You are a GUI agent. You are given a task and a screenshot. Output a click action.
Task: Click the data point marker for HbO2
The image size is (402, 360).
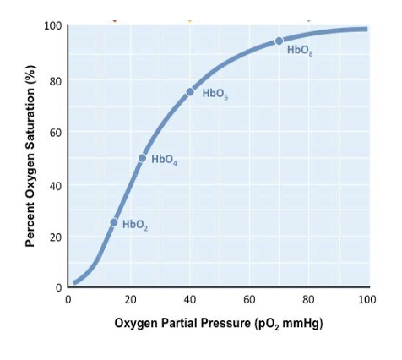114,222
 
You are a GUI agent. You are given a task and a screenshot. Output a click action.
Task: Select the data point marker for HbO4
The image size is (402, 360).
143,158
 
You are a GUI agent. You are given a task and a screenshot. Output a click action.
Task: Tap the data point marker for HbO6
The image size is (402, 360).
190,91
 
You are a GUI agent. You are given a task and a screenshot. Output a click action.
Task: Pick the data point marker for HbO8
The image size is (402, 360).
279,41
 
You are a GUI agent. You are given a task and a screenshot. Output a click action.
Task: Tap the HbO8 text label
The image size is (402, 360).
299,51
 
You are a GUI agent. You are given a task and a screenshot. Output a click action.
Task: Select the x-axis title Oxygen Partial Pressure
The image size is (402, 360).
219,324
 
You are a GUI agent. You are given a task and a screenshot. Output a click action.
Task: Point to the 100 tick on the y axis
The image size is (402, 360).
52,25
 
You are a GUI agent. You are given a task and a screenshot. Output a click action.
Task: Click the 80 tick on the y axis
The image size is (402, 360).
54,81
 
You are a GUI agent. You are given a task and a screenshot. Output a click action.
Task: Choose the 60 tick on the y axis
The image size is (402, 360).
54,133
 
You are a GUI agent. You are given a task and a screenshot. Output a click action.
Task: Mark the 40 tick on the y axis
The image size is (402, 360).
54,185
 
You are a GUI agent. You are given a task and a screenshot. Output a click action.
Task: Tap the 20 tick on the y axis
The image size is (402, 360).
54,237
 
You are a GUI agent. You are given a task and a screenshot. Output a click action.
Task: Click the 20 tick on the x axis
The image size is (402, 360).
130,300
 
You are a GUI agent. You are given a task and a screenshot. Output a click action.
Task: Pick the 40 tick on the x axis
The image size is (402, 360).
189,300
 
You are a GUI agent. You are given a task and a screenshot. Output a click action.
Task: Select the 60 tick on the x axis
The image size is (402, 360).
249,300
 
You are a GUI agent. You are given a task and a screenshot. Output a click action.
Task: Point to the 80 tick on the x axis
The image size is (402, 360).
308,300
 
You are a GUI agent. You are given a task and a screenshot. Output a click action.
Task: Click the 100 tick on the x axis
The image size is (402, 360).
367,300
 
